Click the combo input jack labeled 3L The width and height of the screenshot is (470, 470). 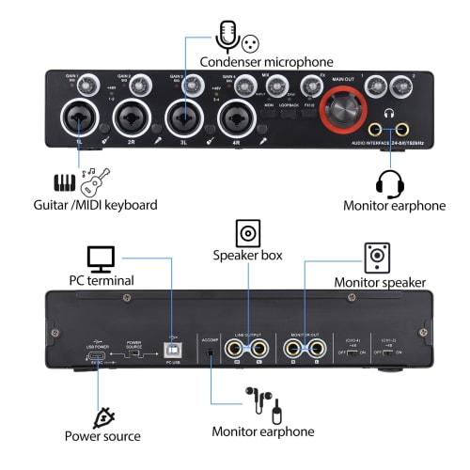pyautogui.click(x=181, y=120)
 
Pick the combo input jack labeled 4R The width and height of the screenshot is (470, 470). pyautogui.click(x=233, y=120)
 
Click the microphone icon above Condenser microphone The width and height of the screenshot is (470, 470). pyautogui.click(x=226, y=37)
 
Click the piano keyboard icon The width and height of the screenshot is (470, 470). pyautogui.click(x=65, y=182)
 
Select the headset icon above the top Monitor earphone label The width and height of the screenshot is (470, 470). pyautogui.click(x=389, y=181)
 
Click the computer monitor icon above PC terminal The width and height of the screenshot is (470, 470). pyautogui.click(x=101, y=258)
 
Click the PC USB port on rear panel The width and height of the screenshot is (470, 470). pyautogui.click(x=170, y=347)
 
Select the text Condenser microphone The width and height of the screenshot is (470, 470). pyautogui.click(x=268, y=61)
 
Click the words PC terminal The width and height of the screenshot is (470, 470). pyautogui.click(x=101, y=280)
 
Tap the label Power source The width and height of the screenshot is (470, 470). pyautogui.click(x=102, y=435)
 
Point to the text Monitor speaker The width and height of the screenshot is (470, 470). pyautogui.click(x=380, y=282)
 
